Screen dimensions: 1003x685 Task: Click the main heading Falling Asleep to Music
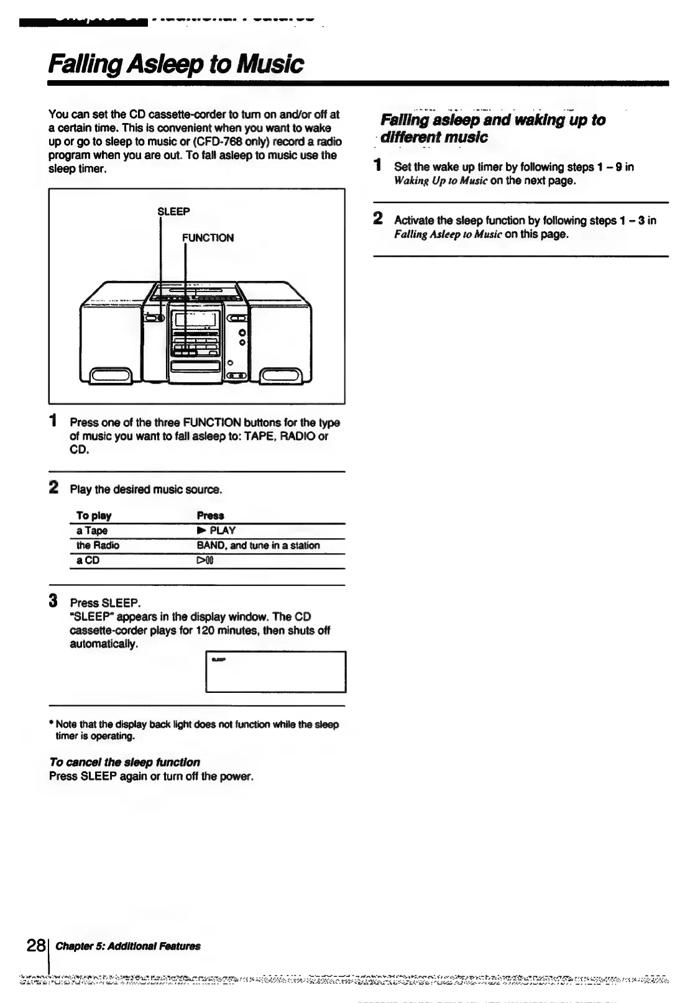(x=176, y=64)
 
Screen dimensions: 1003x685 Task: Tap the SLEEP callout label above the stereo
(x=173, y=211)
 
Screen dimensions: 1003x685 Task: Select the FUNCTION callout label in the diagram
(x=208, y=237)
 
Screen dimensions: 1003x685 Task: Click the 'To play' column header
(x=94, y=515)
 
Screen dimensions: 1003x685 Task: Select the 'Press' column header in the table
(x=210, y=515)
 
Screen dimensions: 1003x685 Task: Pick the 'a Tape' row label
(x=92, y=530)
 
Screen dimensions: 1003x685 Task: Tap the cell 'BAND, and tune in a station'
(x=258, y=545)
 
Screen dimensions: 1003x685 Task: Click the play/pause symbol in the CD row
(x=205, y=561)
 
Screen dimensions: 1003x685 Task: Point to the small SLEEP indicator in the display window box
(x=218, y=659)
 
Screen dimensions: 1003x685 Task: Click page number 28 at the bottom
(x=35, y=946)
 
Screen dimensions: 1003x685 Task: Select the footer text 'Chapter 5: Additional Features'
(x=128, y=946)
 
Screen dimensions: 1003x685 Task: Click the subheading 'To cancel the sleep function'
(x=124, y=762)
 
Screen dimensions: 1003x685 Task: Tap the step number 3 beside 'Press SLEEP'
(x=54, y=602)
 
